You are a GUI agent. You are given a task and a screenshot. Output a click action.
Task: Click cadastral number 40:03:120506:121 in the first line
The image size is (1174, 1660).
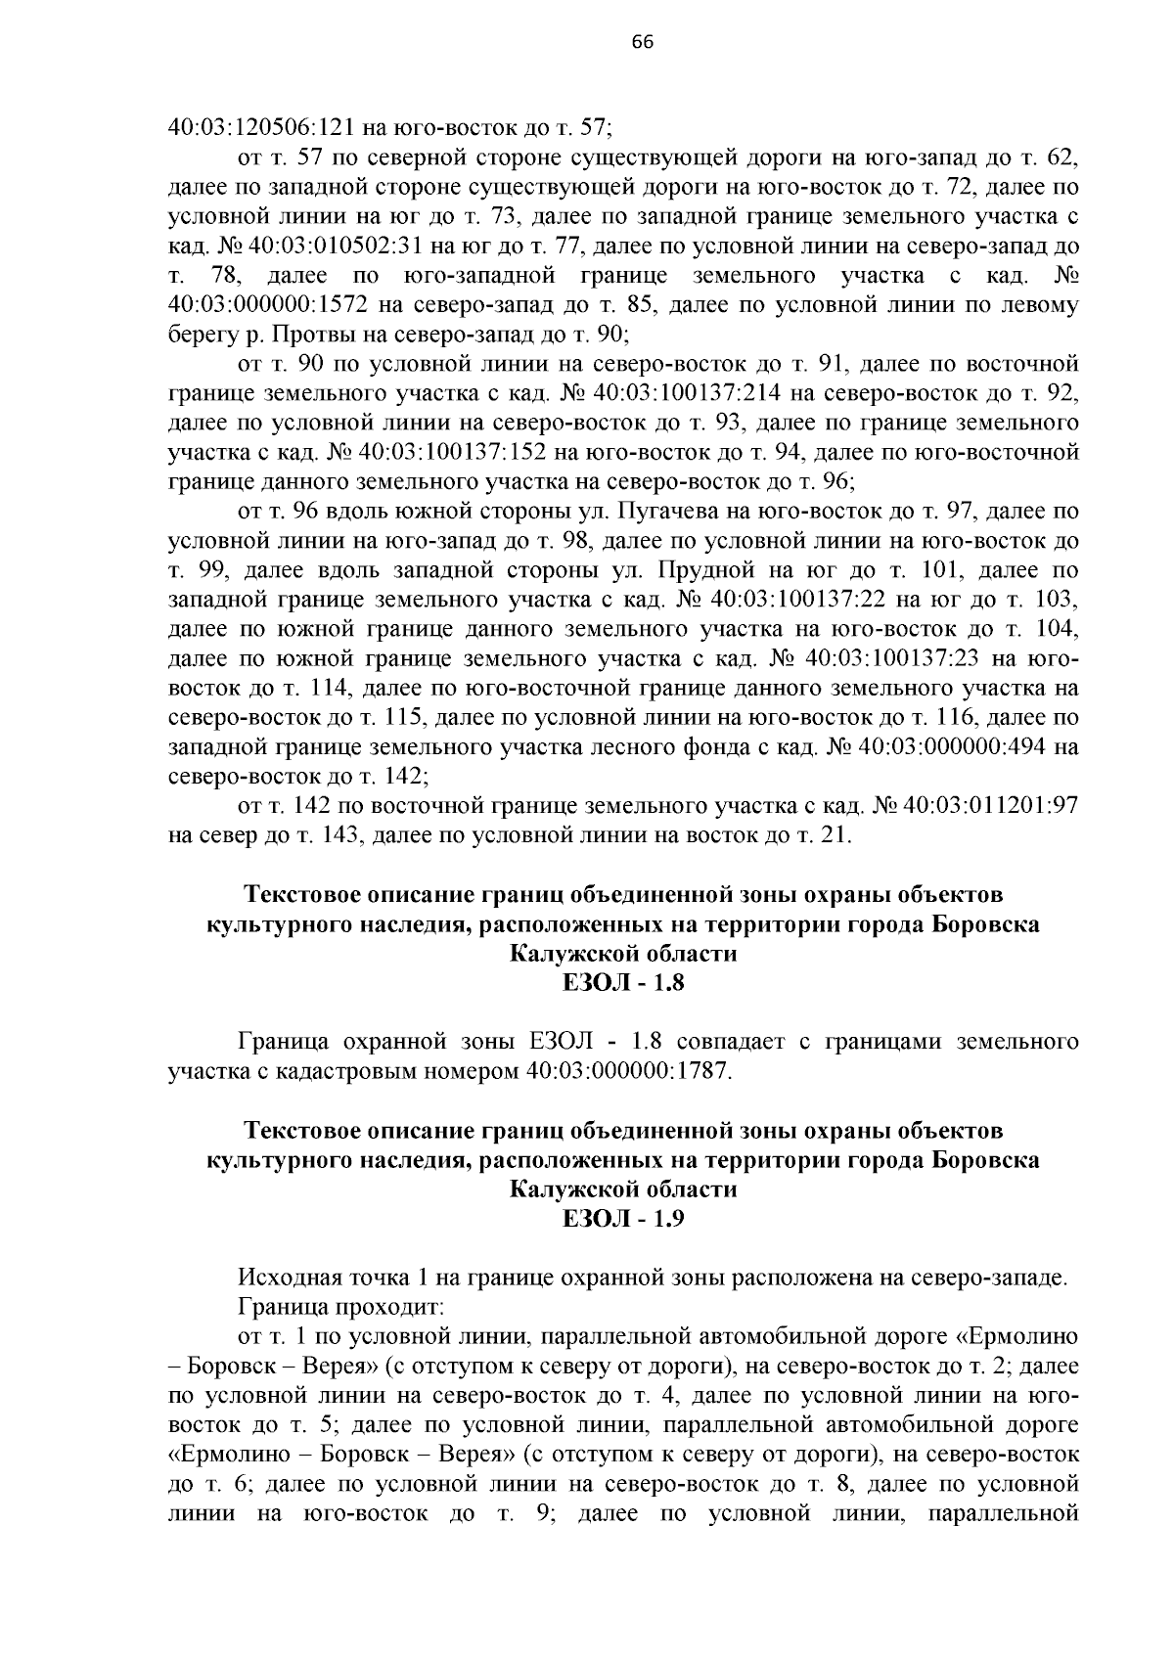(259, 126)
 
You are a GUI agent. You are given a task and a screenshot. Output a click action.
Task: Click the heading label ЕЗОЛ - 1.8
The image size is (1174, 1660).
(623, 982)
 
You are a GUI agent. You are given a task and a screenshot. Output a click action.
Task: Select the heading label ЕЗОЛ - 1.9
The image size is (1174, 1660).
(623, 1218)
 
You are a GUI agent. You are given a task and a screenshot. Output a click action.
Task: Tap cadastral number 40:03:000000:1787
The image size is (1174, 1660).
(627, 1070)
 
